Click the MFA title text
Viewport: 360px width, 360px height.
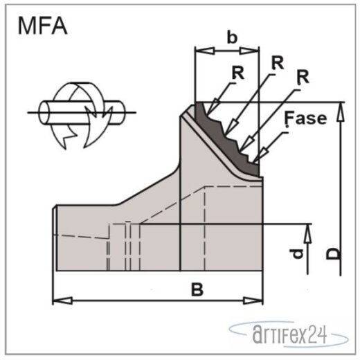(x=43, y=28)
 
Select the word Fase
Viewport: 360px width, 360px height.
(x=305, y=118)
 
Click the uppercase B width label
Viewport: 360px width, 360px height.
(x=197, y=291)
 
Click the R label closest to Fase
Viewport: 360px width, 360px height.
(x=301, y=78)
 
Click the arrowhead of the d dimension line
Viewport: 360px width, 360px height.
(x=307, y=229)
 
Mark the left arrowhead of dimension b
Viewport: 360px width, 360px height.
(x=199, y=51)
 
